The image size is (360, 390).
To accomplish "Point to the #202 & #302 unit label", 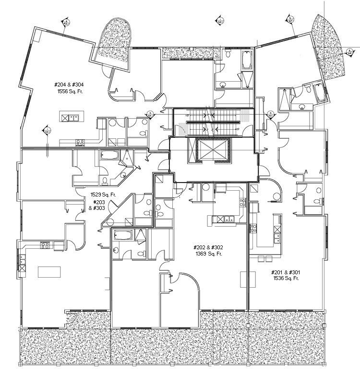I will point(208,247).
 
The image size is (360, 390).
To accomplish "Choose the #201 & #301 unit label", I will point(286,272).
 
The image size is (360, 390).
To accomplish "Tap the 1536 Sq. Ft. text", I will point(286,278).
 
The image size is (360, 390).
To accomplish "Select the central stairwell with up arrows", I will point(211,123).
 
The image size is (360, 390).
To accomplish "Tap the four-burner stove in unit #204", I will point(80,142).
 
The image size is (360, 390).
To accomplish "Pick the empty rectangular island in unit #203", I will point(49,271).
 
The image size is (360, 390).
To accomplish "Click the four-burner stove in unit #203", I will point(45,245).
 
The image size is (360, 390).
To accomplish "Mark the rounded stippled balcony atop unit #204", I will point(116,41).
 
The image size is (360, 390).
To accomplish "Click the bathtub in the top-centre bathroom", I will point(247,61).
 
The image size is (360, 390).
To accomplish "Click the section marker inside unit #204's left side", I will point(47,130).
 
